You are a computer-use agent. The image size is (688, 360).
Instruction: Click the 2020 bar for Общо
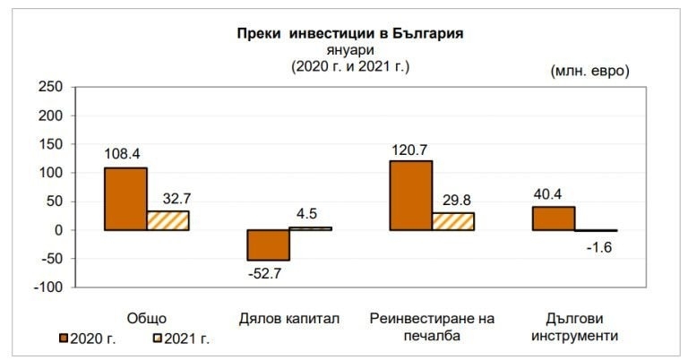click(x=125, y=199)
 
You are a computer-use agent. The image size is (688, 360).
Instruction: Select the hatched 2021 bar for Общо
click(x=168, y=220)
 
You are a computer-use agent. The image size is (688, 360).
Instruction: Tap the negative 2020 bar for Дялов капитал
click(x=268, y=244)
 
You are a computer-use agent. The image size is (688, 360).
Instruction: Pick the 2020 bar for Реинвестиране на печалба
click(x=411, y=195)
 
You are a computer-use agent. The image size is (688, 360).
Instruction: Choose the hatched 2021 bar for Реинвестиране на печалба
click(x=453, y=221)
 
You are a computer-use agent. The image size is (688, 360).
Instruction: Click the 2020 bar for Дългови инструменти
click(x=554, y=219)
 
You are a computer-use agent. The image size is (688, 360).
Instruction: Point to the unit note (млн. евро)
click(x=589, y=71)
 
